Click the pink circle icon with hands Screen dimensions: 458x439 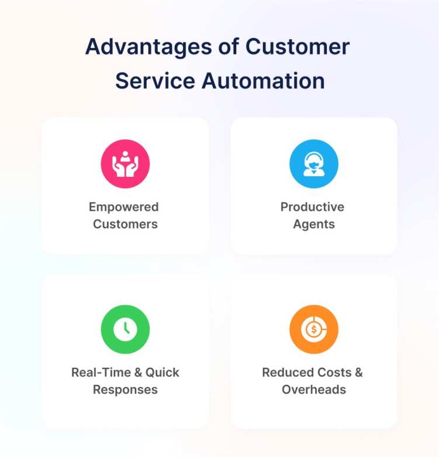pos(125,164)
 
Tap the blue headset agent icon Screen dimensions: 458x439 pos(314,164)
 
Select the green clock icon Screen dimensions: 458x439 pos(125,329)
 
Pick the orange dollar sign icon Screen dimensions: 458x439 pos(314,329)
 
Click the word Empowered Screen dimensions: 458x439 pos(124,207)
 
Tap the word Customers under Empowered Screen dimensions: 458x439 pos(125,224)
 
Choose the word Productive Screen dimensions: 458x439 pos(312,207)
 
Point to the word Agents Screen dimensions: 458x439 pos(314,224)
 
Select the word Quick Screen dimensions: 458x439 pos(163,372)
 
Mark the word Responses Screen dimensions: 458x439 pos(125,389)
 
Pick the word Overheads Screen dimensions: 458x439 pos(314,389)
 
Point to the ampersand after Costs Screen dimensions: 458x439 pos(358,372)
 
